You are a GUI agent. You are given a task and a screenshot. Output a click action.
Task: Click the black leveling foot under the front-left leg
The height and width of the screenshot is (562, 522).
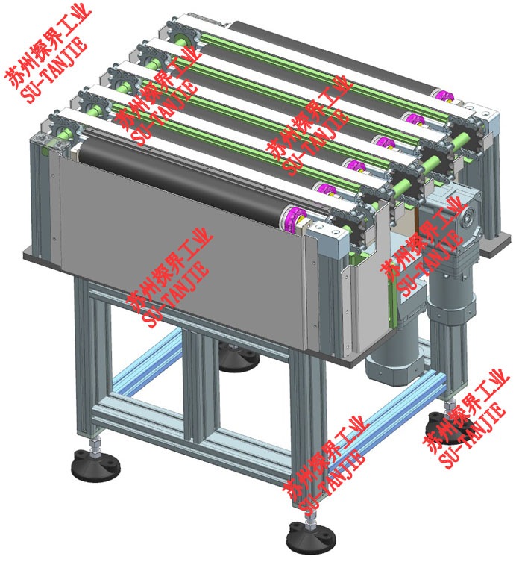[95, 466]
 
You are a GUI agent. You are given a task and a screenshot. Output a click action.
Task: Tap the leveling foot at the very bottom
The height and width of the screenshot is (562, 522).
[311, 538]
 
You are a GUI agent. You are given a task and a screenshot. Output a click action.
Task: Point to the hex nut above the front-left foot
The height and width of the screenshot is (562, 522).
[95, 446]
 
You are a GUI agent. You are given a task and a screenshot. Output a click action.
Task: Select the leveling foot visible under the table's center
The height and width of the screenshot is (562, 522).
[238, 358]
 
